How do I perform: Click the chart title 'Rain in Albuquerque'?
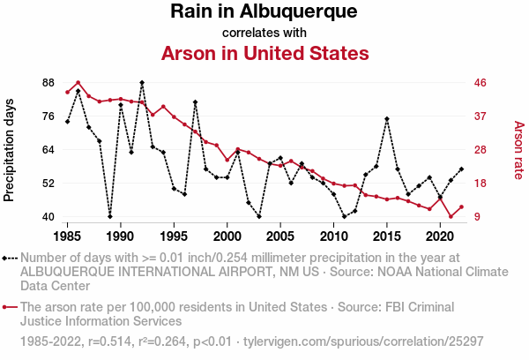coord(264,12)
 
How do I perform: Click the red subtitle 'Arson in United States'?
coord(264,54)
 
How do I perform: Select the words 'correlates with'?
coord(264,33)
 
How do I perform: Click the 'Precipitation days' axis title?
coord(10,150)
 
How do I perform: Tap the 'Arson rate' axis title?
coord(518,150)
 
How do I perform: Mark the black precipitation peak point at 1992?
coord(142,83)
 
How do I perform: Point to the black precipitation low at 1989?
coord(110,216)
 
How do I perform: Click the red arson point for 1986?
coord(78,83)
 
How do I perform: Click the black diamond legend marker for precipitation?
coord(6,258)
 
